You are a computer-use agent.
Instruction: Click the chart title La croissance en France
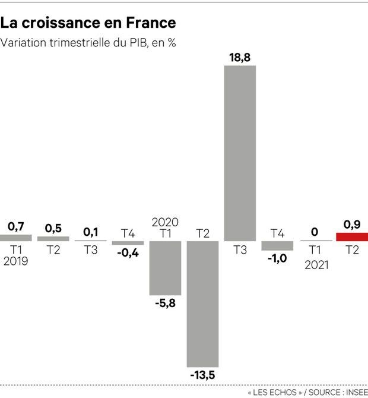tap(88, 23)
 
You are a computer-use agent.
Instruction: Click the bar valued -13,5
tap(202, 304)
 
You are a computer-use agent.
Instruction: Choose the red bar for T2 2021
tap(352, 236)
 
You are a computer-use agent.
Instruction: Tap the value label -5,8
tap(165, 302)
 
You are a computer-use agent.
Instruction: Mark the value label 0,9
tap(352, 225)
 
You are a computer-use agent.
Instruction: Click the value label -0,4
tap(128, 252)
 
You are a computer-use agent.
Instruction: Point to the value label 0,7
tap(16, 226)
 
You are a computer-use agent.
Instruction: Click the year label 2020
tap(165, 222)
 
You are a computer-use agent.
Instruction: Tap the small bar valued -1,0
tap(277, 245)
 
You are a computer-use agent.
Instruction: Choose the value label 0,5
tap(53, 228)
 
